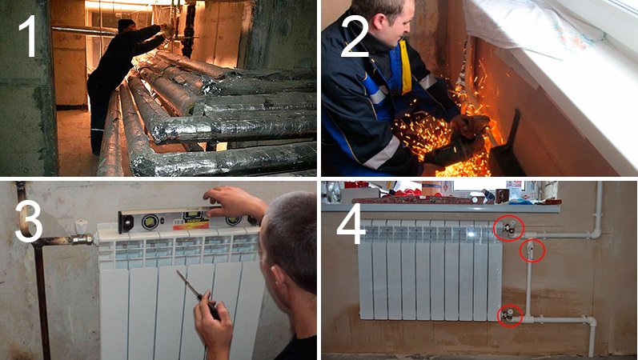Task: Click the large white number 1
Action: [30, 36]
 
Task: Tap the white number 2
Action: [355, 36]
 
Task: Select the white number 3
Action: [29, 222]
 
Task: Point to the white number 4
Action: [351, 224]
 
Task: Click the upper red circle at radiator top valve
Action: [508, 228]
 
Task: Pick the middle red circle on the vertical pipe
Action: [532, 250]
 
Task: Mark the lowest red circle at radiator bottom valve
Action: [510, 316]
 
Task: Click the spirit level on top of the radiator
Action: [187, 220]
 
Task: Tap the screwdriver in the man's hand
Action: [198, 294]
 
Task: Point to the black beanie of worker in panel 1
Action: [126, 24]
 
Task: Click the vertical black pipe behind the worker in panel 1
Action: [188, 30]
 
